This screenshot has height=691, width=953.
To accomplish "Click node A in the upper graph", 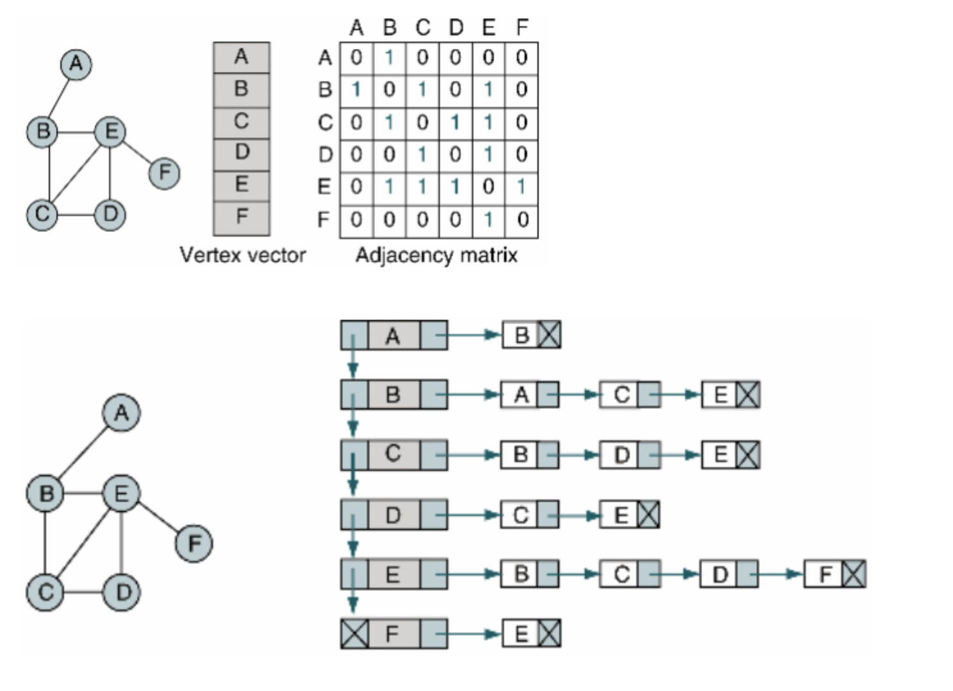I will click(x=76, y=64).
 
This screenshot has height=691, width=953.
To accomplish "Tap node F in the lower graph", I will click(x=194, y=544).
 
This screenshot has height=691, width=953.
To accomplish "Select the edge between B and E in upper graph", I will click(x=77, y=132).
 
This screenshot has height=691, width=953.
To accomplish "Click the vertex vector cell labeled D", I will click(x=242, y=153).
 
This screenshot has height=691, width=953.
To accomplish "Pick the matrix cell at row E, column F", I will click(x=521, y=187).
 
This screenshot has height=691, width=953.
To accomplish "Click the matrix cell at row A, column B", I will click(x=389, y=58).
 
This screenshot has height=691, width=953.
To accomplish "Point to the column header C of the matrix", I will click(x=423, y=28).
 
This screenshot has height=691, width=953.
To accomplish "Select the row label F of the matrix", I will click(x=325, y=220).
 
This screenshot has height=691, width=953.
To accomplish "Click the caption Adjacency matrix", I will click(x=437, y=255).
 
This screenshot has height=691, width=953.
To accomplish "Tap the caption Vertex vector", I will click(x=242, y=255).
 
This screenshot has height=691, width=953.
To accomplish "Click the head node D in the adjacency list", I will click(x=393, y=515).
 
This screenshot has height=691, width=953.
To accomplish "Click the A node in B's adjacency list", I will click(x=521, y=394).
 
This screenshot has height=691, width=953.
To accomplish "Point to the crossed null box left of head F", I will click(x=354, y=634).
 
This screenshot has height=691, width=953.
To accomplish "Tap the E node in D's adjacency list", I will click(x=621, y=515).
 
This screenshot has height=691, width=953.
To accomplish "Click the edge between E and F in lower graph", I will click(x=158, y=519).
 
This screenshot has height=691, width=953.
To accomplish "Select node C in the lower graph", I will click(x=45, y=592).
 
